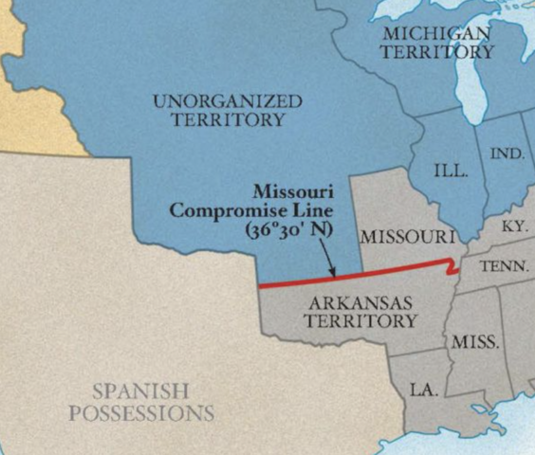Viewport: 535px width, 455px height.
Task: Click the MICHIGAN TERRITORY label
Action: (x=436, y=43)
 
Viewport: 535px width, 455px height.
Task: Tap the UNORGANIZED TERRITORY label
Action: (x=228, y=110)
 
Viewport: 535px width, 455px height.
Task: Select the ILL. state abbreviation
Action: (x=451, y=172)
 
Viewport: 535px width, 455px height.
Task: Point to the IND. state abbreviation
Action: (x=507, y=154)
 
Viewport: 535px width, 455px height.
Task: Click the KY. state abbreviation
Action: (x=513, y=227)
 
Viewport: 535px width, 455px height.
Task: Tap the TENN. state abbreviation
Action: (x=504, y=266)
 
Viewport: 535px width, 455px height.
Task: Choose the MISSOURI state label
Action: (x=407, y=235)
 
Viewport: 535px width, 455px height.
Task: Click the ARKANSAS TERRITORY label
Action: (x=360, y=312)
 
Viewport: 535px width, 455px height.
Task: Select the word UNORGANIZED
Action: (x=228, y=100)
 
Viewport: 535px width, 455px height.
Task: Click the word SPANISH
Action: (x=141, y=391)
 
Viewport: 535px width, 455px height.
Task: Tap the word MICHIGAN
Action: (x=437, y=33)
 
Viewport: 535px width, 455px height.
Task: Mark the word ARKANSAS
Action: (x=360, y=302)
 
